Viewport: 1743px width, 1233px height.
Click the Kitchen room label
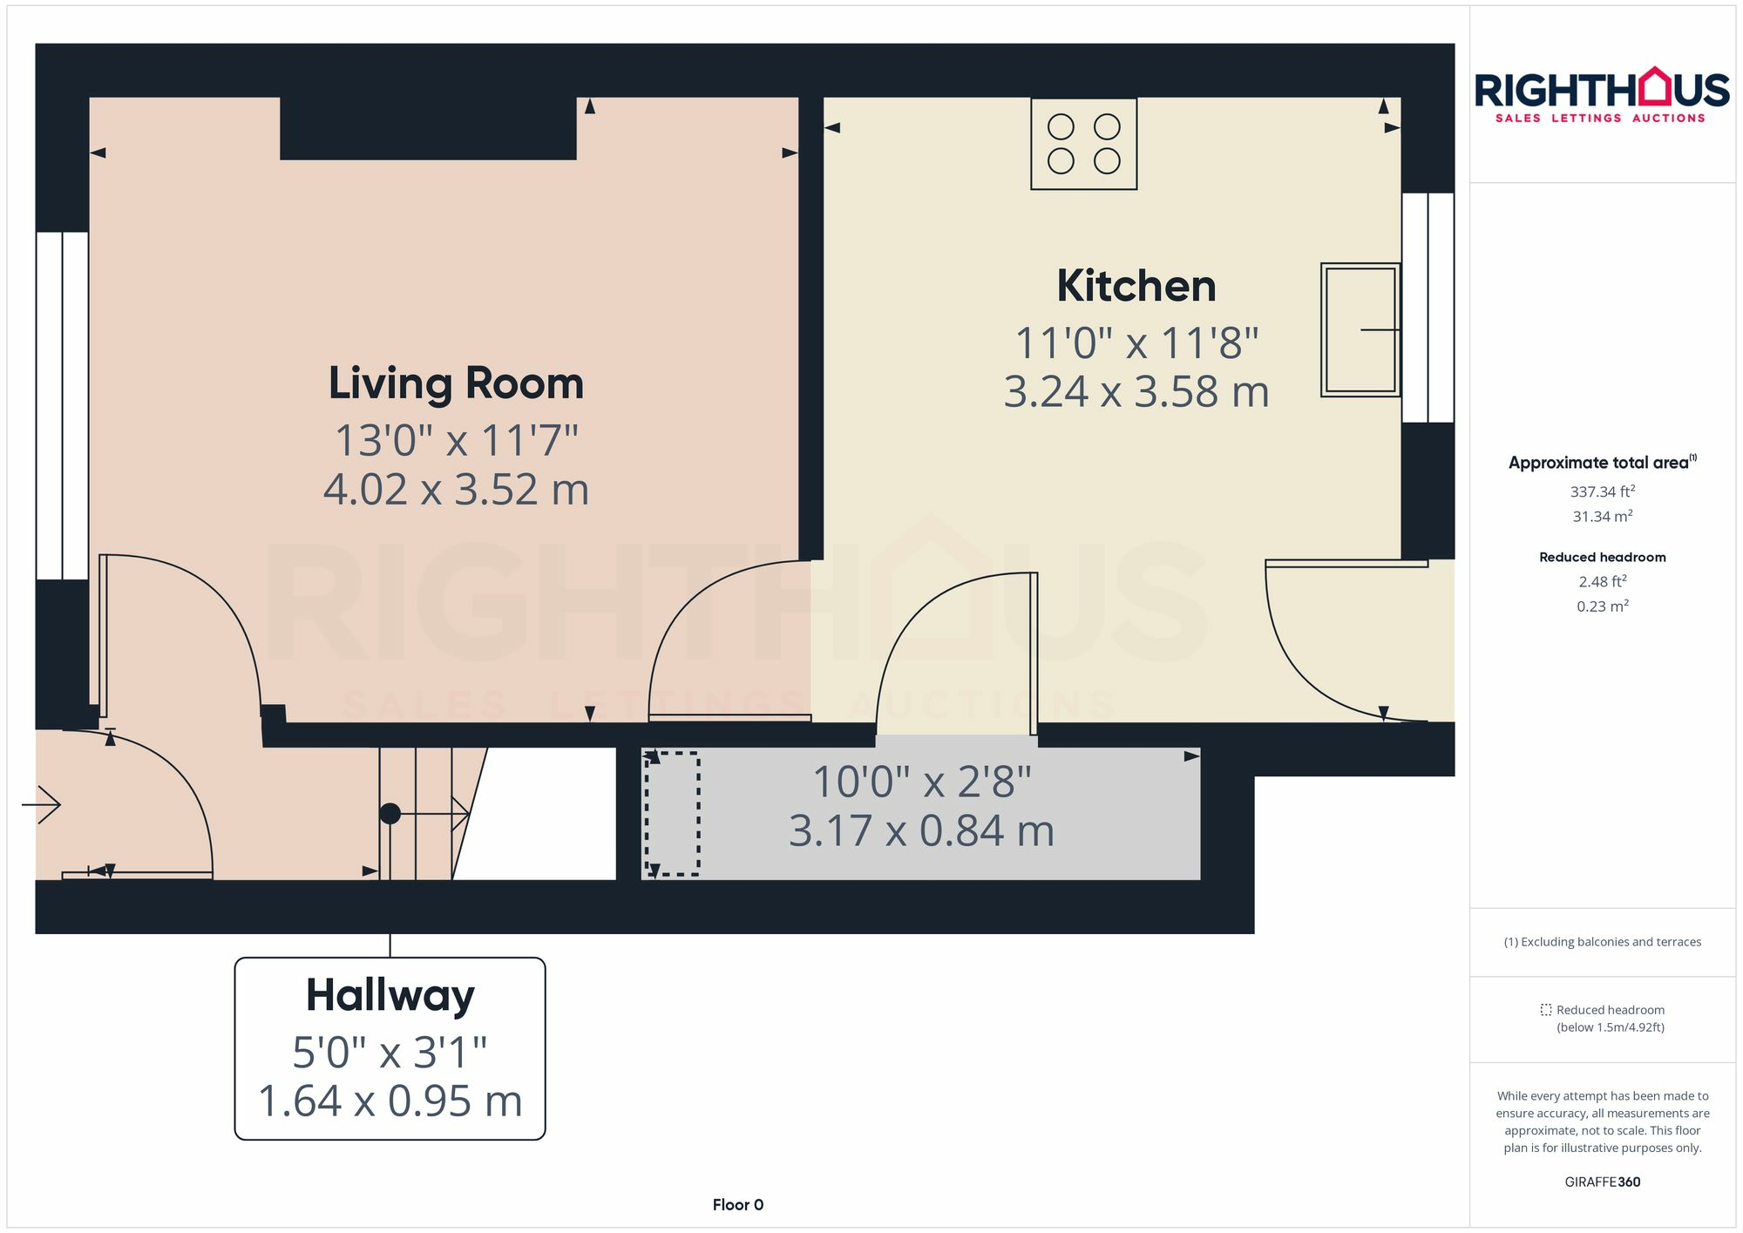[x=1136, y=287]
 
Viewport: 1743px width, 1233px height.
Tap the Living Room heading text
[x=456, y=384]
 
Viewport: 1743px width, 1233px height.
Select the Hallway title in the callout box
[x=390, y=995]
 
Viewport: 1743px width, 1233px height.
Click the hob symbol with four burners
[x=1083, y=144]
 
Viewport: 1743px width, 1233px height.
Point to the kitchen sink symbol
[x=1360, y=330]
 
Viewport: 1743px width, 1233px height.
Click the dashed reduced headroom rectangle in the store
[x=672, y=813]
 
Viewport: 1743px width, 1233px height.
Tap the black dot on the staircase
[x=390, y=813]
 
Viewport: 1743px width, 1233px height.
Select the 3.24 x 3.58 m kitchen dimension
[x=1136, y=392]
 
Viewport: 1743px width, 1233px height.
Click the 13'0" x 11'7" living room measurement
[x=456, y=441]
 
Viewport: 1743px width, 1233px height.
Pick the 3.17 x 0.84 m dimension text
[x=921, y=831]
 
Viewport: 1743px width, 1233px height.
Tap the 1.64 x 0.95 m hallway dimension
[x=390, y=1101]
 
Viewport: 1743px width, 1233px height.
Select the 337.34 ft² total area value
[x=1602, y=491]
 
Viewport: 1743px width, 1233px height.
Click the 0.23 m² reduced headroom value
[x=1602, y=606]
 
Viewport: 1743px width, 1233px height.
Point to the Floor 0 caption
[x=737, y=1204]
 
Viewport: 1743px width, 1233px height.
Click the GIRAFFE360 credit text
[x=1602, y=1182]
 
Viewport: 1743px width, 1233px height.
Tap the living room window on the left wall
[x=62, y=405]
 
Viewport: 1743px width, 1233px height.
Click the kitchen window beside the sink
[x=1428, y=307]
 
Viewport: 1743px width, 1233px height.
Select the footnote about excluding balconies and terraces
[x=1602, y=942]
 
